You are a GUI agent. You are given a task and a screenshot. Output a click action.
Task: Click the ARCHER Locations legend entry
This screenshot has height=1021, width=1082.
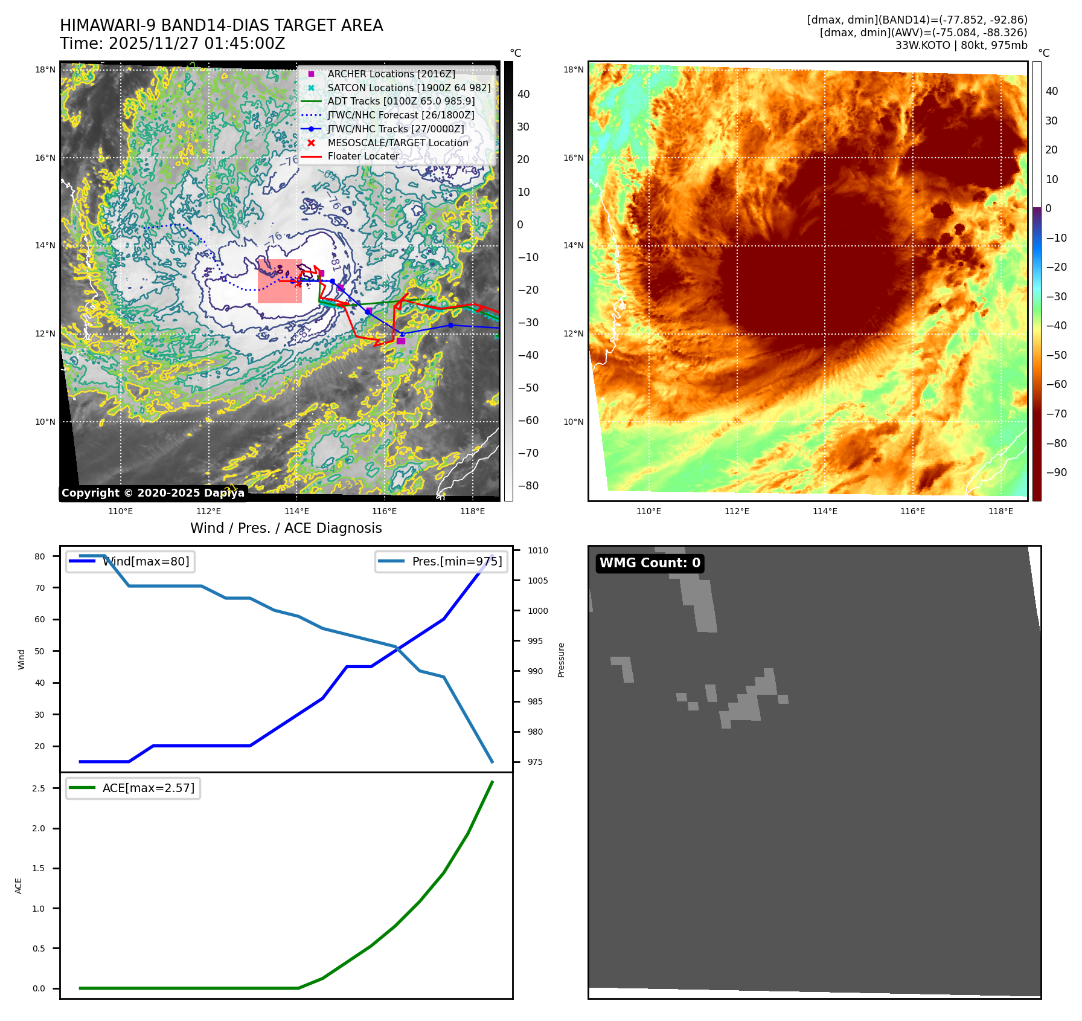[x=391, y=74]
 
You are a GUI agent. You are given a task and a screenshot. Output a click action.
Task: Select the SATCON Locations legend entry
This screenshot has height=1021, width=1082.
[x=409, y=88]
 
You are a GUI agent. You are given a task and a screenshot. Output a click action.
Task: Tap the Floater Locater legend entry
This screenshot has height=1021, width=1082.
[x=363, y=156]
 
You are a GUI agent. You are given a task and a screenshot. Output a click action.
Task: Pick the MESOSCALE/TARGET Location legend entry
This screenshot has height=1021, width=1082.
[x=397, y=143]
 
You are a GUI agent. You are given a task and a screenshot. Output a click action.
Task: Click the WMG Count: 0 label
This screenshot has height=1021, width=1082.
[x=650, y=563]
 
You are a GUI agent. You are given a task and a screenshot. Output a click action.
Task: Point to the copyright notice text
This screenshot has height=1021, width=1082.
[x=153, y=493]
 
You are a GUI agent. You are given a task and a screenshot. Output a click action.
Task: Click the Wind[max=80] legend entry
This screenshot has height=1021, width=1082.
[x=146, y=561]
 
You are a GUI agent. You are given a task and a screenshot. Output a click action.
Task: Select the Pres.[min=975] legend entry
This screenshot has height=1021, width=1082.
[x=456, y=561]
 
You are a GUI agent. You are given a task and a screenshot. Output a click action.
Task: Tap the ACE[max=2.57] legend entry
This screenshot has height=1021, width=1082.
[x=148, y=788]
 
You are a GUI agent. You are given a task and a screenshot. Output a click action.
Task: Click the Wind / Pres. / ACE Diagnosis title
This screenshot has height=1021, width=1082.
[x=286, y=528]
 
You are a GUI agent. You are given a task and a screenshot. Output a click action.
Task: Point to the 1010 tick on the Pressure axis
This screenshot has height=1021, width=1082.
[x=537, y=550]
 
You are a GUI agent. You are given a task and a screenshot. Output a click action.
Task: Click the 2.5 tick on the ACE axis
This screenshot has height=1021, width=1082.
[x=39, y=788]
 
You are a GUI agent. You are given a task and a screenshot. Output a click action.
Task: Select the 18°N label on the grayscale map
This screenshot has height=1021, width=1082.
[x=45, y=69]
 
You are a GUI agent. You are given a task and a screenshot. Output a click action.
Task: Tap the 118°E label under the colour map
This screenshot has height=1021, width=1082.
[x=1000, y=511]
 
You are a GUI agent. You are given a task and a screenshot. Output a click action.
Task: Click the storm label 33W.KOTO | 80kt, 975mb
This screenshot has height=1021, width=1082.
[x=961, y=45]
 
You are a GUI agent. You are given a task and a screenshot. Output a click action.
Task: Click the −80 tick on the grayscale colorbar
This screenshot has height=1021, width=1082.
[x=528, y=486]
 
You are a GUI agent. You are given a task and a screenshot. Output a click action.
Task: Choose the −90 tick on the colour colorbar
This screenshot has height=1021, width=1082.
[x=1056, y=472]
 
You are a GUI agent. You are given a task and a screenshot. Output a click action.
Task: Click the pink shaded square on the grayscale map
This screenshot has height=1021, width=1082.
[x=280, y=281]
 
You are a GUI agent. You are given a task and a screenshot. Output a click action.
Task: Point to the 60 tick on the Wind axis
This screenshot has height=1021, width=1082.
[x=39, y=619]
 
